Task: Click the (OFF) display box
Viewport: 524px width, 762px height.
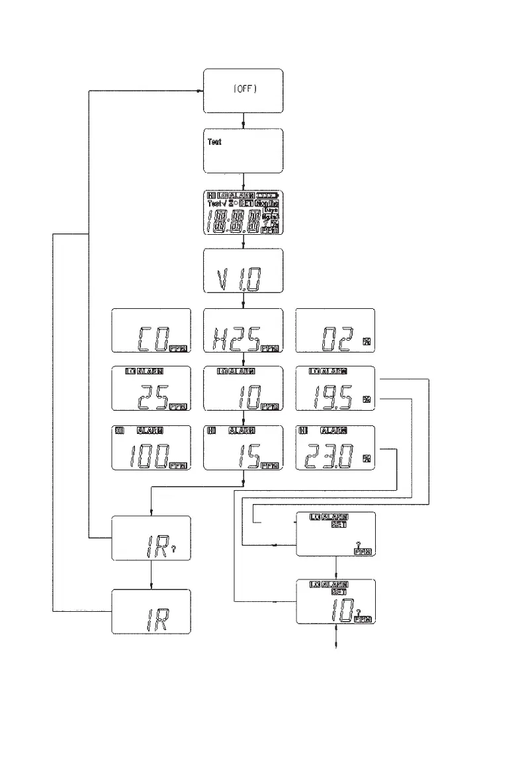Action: tap(243, 91)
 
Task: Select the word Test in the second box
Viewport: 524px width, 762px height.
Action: tap(214, 142)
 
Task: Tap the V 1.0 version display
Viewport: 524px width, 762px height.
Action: tap(243, 271)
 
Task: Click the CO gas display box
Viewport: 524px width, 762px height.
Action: tap(151, 331)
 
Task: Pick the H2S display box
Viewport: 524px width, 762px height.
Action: tap(243, 331)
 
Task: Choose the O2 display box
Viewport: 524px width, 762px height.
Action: tap(335, 331)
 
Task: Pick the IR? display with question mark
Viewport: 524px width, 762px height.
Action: tap(152, 538)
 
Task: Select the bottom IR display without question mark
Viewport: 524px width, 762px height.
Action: tap(152, 611)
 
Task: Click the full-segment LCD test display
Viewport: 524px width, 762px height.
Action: tap(243, 213)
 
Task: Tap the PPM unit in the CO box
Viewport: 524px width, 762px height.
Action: tap(178, 348)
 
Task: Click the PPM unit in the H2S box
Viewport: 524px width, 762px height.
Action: tap(270, 348)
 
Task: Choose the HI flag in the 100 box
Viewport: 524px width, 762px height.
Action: tap(120, 431)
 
